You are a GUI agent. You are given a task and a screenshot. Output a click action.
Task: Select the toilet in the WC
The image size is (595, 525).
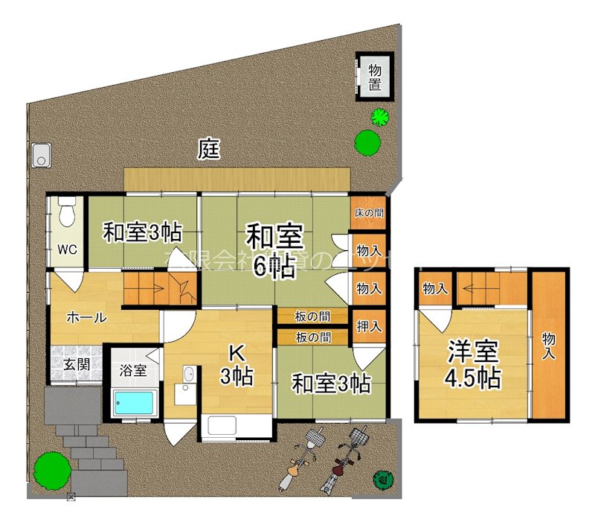67,212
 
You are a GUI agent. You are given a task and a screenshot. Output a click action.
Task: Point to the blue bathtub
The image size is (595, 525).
135,403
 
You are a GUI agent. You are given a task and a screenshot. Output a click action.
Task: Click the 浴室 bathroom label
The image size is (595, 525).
134,370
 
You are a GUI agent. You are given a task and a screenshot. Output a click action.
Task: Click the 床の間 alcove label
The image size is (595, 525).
369,213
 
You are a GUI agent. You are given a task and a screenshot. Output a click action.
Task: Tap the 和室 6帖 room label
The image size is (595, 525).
274,251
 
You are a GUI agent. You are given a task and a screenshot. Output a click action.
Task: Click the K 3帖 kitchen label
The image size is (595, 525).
237,365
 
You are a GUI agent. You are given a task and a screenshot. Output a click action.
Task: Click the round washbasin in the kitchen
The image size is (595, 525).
188,374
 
